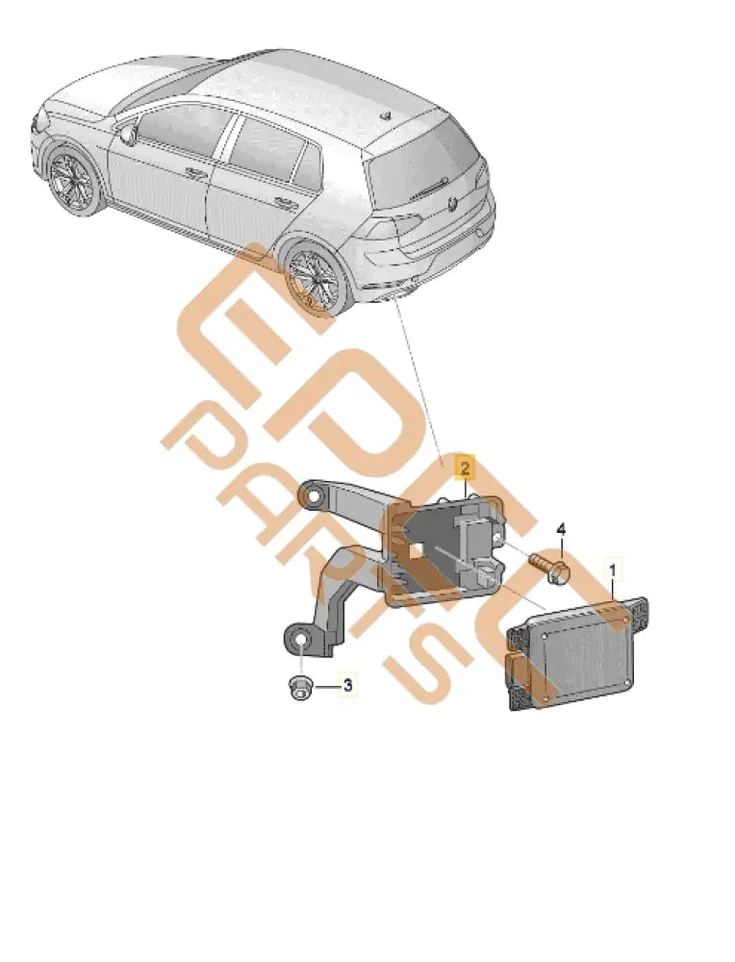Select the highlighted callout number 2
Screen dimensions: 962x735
pos(465,469)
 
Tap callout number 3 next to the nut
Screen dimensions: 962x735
pos(348,687)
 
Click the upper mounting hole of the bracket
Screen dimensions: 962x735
pos(313,496)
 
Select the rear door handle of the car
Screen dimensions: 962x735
pos(285,203)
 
